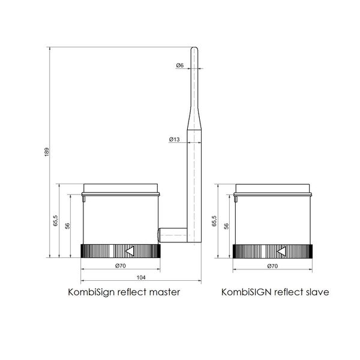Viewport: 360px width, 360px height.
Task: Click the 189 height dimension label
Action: point(47,152)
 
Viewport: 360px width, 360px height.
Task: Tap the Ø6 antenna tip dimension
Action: point(180,65)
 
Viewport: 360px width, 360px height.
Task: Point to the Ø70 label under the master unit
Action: point(121,266)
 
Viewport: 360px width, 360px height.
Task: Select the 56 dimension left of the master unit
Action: point(68,226)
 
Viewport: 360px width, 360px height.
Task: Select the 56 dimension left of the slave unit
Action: point(226,226)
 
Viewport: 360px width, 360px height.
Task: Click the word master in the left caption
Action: point(166,293)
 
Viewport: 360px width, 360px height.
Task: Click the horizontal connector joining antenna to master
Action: point(173,234)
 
